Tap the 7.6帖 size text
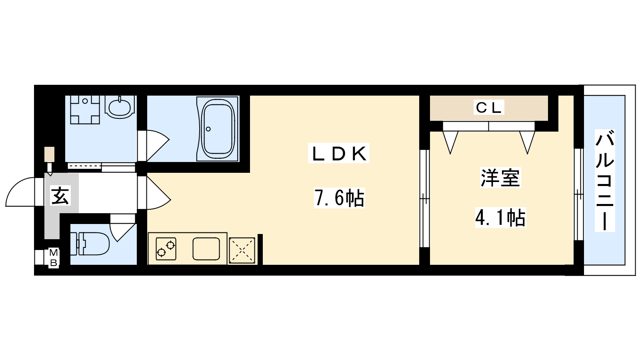click(340, 198)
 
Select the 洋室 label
click(500, 178)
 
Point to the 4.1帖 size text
click(500, 218)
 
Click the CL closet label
click(488, 108)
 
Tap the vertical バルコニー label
click(605, 180)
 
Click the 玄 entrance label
click(60, 196)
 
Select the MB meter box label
click(54, 258)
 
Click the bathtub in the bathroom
click(218, 128)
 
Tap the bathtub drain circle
click(208, 129)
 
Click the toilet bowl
click(90, 244)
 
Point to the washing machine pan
click(85, 110)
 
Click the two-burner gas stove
click(166, 249)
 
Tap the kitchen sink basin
click(206, 249)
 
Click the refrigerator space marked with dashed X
click(242, 250)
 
